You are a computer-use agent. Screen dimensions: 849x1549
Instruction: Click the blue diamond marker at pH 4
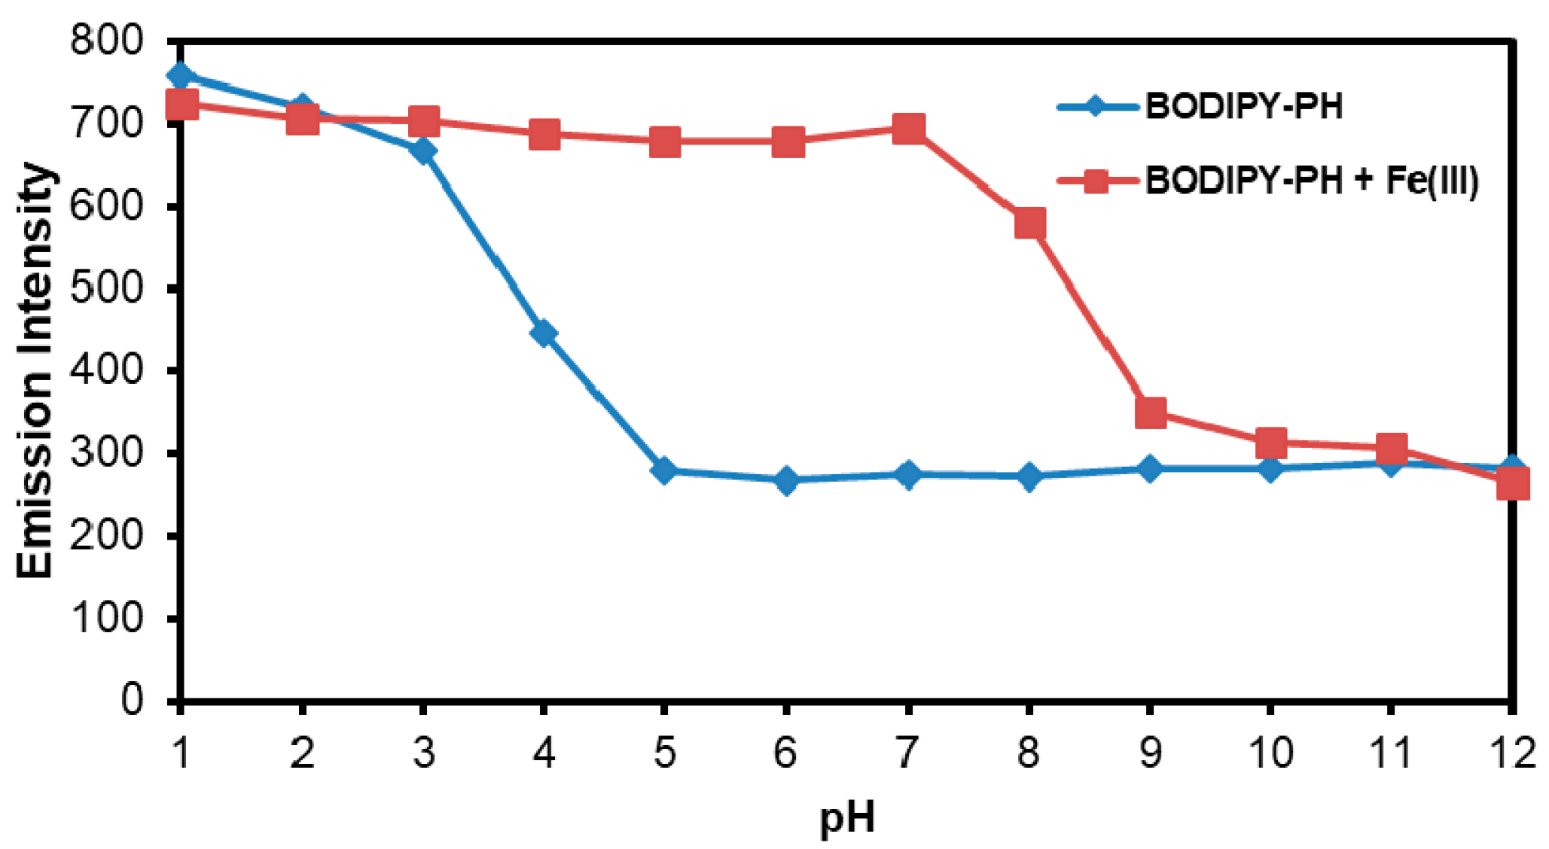point(543,333)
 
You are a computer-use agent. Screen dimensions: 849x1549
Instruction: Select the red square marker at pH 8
point(1029,224)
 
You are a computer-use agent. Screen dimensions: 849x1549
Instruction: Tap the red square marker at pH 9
point(1151,412)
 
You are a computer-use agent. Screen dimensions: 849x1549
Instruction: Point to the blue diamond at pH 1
point(181,75)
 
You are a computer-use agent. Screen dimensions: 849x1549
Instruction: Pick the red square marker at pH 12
point(1513,483)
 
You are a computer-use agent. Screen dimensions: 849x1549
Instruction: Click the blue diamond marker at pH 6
point(786,479)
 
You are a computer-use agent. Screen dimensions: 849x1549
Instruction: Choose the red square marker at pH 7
point(908,129)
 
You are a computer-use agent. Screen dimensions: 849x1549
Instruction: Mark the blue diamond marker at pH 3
point(423,151)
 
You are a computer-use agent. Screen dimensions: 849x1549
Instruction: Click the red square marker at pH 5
point(665,141)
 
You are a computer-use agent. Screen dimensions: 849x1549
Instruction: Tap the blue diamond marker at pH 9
point(1150,468)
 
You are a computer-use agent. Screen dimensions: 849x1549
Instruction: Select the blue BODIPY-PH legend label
point(1243,106)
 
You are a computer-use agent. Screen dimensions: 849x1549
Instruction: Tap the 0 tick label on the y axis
point(131,700)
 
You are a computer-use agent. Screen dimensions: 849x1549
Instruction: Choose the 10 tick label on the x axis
point(1271,752)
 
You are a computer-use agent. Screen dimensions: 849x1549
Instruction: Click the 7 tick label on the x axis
point(908,752)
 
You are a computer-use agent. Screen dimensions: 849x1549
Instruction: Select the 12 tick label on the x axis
point(1511,752)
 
